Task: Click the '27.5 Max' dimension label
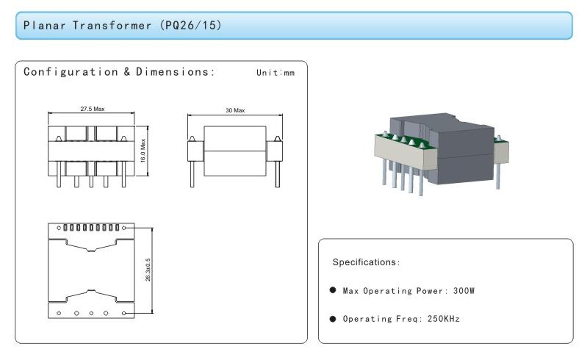point(93,109)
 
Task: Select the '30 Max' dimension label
point(235,110)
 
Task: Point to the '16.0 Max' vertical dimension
point(143,151)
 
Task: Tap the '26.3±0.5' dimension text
point(148,270)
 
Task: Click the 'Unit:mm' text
point(276,73)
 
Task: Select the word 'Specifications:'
point(366,262)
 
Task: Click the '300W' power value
point(464,291)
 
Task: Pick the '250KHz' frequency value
point(444,319)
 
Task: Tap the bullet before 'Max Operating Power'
point(333,290)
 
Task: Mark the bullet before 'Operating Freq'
point(333,319)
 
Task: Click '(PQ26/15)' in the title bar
point(191,25)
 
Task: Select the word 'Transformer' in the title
point(112,26)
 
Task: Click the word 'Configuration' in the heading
point(71,71)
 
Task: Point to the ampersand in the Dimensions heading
point(127,71)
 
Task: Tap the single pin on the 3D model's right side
point(498,176)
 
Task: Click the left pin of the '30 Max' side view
point(192,174)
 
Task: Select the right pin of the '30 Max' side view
point(278,174)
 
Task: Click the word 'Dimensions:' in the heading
point(175,71)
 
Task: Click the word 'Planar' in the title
point(44,26)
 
